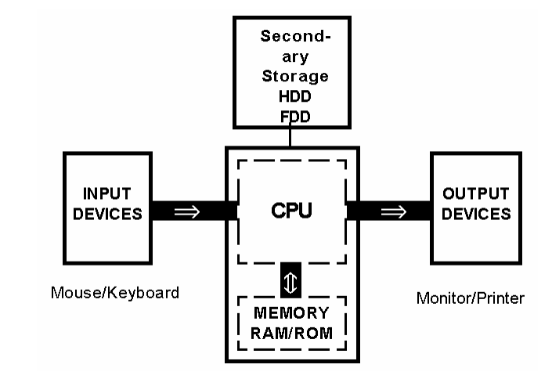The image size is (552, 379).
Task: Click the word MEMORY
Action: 291,315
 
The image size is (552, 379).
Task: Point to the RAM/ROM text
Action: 291,333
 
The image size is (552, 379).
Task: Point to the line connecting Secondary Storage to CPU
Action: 291,136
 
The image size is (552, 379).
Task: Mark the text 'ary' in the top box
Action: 291,57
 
